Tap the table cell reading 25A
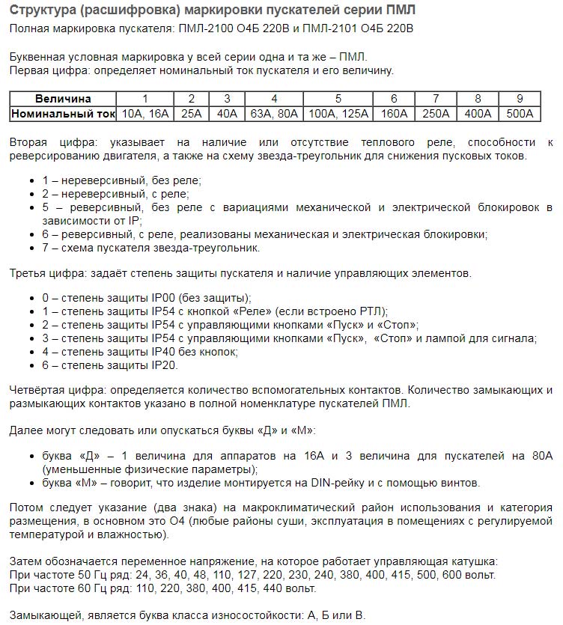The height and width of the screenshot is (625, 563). click(192, 113)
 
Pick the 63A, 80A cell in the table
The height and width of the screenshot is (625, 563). click(274, 113)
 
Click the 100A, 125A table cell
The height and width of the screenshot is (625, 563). click(338, 113)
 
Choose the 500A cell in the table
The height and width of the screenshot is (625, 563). click(520, 113)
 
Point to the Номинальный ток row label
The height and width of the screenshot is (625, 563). click(63, 113)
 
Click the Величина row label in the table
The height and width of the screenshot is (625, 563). click(63, 99)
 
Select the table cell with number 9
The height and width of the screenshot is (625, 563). click(520, 99)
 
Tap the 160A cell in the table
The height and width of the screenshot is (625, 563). click(394, 113)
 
